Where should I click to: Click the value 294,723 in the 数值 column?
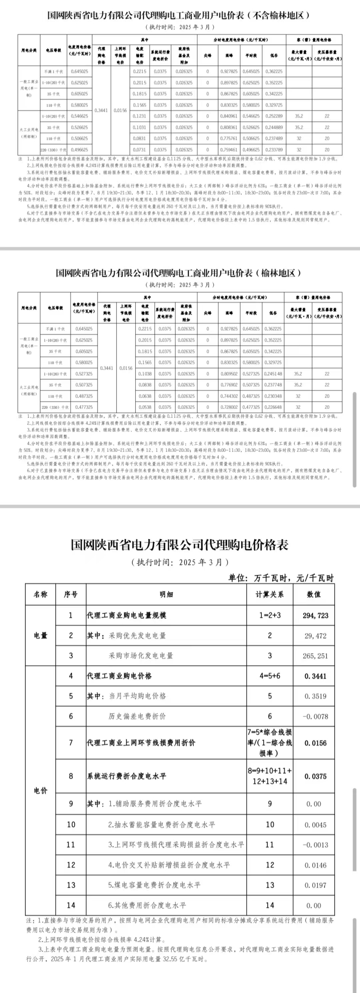point(315,615)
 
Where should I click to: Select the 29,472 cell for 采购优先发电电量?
point(315,636)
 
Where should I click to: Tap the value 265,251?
point(315,656)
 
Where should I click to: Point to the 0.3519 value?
point(315,696)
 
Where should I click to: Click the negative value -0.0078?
point(315,716)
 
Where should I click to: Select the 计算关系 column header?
point(270,594)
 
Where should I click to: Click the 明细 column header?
point(166,594)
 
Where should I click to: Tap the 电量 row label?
point(41,635)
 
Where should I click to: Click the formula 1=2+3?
point(270,615)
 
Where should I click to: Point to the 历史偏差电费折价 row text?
point(137,716)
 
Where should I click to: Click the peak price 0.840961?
point(229,116)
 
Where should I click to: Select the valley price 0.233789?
point(274,150)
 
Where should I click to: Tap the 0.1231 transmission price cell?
point(139,116)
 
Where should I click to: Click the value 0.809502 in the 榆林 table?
point(229,374)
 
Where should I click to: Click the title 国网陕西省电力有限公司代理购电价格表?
point(180,545)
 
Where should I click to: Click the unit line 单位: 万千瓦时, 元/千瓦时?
point(281,578)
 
